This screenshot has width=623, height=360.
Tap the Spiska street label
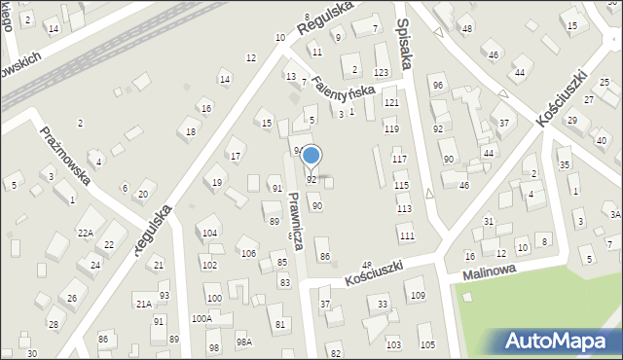[406, 43]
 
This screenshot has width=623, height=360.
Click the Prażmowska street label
[66, 156]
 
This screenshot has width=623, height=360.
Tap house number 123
[382, 73]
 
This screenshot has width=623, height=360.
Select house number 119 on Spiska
[391, 129]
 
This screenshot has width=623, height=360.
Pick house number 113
[404, 209]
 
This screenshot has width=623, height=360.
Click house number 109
[417, 295]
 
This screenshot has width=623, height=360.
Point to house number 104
[208, 234]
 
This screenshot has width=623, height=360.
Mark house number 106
[248, 254]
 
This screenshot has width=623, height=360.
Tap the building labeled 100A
[202, 318]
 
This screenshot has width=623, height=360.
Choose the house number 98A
[243, 342]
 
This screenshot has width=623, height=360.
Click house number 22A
[86, 233]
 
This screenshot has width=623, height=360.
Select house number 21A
[143, 305]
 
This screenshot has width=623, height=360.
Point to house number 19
[216, 182]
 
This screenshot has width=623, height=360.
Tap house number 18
[191, 132]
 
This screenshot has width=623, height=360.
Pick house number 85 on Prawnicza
[281, 262]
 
